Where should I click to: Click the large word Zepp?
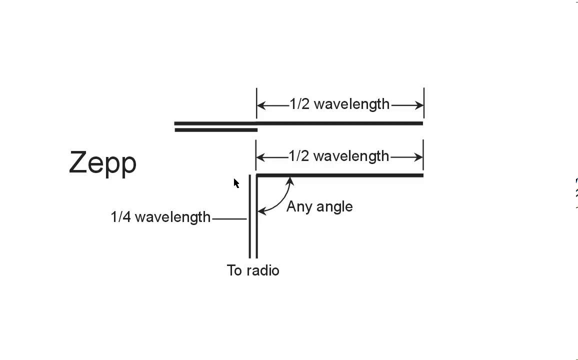[x=102, y=162]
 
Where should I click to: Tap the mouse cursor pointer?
[x=236, y=183]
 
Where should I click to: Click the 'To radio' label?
[x=253, y=270]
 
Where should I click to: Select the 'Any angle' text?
[x=319, y=206]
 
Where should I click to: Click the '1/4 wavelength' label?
[x=160, y=217]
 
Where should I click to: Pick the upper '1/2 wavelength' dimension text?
[x=339, y=104]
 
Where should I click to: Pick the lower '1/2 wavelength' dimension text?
[x=339, y=156]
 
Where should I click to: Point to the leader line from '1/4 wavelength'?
[x=229, y=218]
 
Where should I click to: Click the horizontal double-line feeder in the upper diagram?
[x=215, y=126]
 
